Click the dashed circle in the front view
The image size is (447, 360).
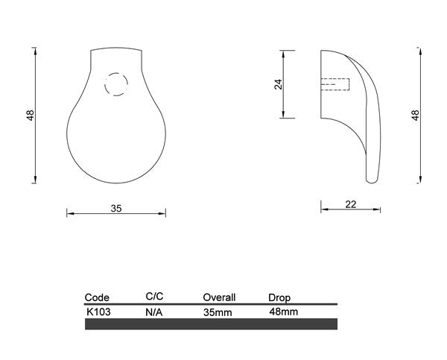pyautogui.click(x=105, y=84)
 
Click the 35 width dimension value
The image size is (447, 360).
pyautogui.click(x=116, y=209)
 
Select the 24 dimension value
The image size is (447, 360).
pyautogui.click(x=278, y=84)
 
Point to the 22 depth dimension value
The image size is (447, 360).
pyautogui.click(x=351, y=204)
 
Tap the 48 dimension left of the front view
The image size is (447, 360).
pyautogui.click(x=31, y=116)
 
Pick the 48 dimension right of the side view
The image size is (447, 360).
pyautogui.click(x=416, y=116)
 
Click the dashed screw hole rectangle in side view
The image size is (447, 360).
pyautogui.click(x=335, y=78)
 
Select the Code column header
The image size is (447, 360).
pyautogui.click(x=97, y=297)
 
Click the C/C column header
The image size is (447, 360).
pyautogui.click(x=154, y=297)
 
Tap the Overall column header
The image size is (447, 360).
pyautogui.click(x=219, y=297)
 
